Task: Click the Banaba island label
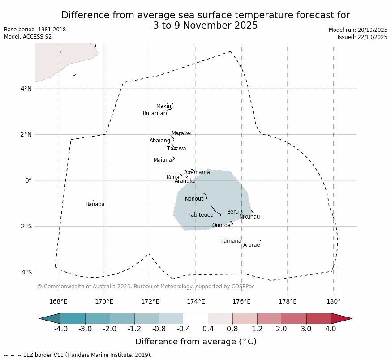pos(95,204)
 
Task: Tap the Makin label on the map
pos(163,106)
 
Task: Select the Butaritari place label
pos(155,113)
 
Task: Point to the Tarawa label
pos(176,149)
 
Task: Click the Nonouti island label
pos(195,199)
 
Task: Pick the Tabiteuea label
pos(201,215)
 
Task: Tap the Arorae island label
pos(251,245)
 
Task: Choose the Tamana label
pos(231,241)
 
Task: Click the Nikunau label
pos(249,217)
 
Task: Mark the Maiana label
pos(163,160)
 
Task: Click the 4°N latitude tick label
pos(26,89)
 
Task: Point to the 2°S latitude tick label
pos(26,226)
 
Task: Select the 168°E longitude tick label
pos(58,301)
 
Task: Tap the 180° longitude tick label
pos(333,301)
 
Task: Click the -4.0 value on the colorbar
pos(61,329)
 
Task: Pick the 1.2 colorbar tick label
pos(257,329)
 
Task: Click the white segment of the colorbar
pos(196,318)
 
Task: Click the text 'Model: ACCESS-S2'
pos(28,37)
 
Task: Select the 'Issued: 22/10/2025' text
pos(362,37)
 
